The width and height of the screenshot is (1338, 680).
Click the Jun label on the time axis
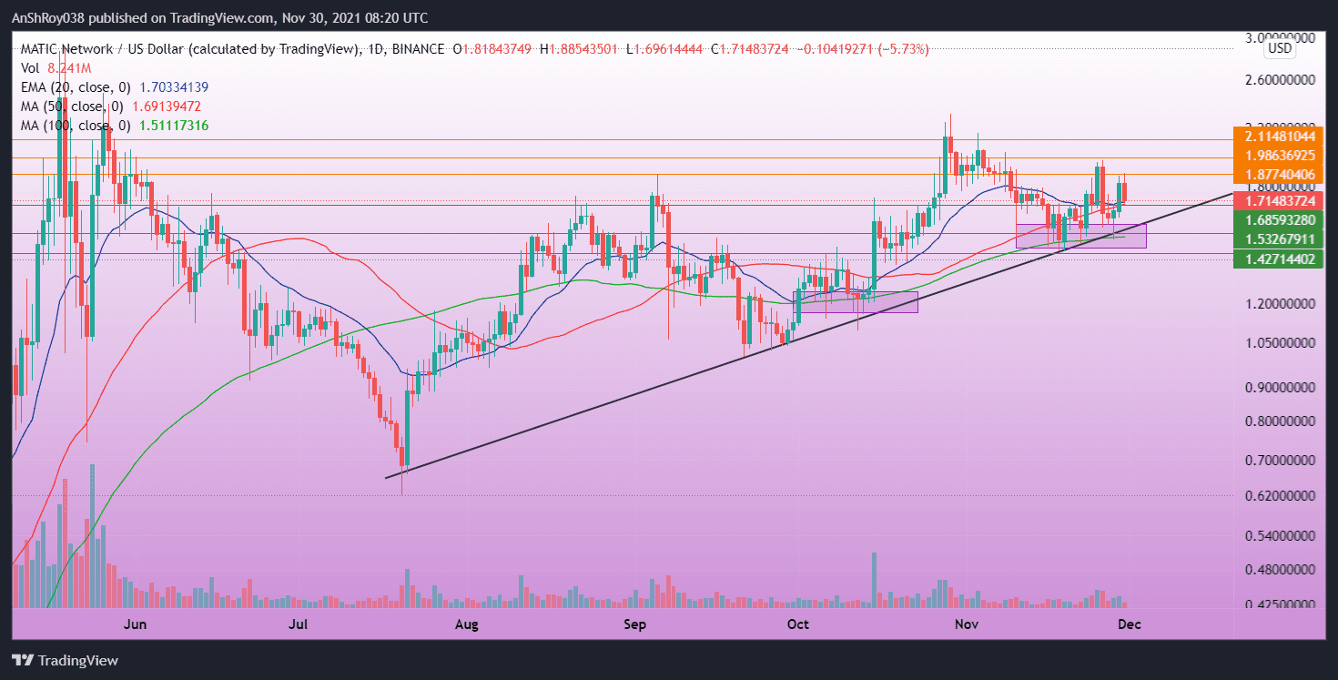tap(135, 624)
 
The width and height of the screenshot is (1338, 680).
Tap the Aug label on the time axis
tap(466, 624)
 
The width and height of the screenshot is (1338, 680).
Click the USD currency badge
tap(1280, 48)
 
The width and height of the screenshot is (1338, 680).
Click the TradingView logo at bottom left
tap(66, 660)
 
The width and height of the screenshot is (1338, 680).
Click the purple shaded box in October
tap(857, 302)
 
